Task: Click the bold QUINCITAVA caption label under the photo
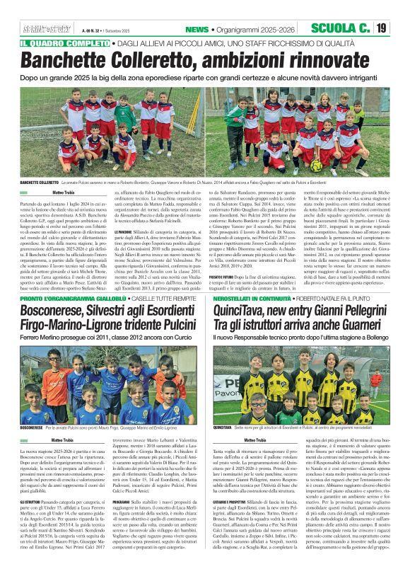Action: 222,427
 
